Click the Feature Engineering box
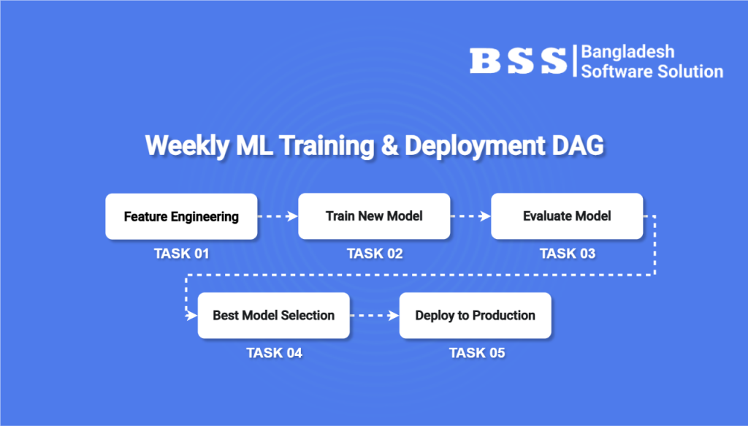[x=181, y=216]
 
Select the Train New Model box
[x=374, y=216]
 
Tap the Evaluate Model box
[x=567, y=216]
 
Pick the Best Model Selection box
[x=274, y=316]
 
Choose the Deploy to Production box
[x=475, y=316]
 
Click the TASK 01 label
[x=181, y=254]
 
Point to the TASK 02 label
[x=375, y=254]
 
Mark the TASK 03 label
[x=567, y=254]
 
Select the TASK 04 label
[x=275, y=352]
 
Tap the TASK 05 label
[x=477, y=352]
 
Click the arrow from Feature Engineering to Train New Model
[x=278, y=216]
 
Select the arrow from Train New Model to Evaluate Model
[x=470, y=216]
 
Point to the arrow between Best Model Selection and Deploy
[x=375, y=316]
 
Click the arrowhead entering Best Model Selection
[x=192, y=316]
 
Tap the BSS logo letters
[x=518, y=61]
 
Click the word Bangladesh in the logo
[x=627, y=52]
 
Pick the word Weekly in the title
[x=187, y=145]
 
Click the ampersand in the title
[x=390, y=145]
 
